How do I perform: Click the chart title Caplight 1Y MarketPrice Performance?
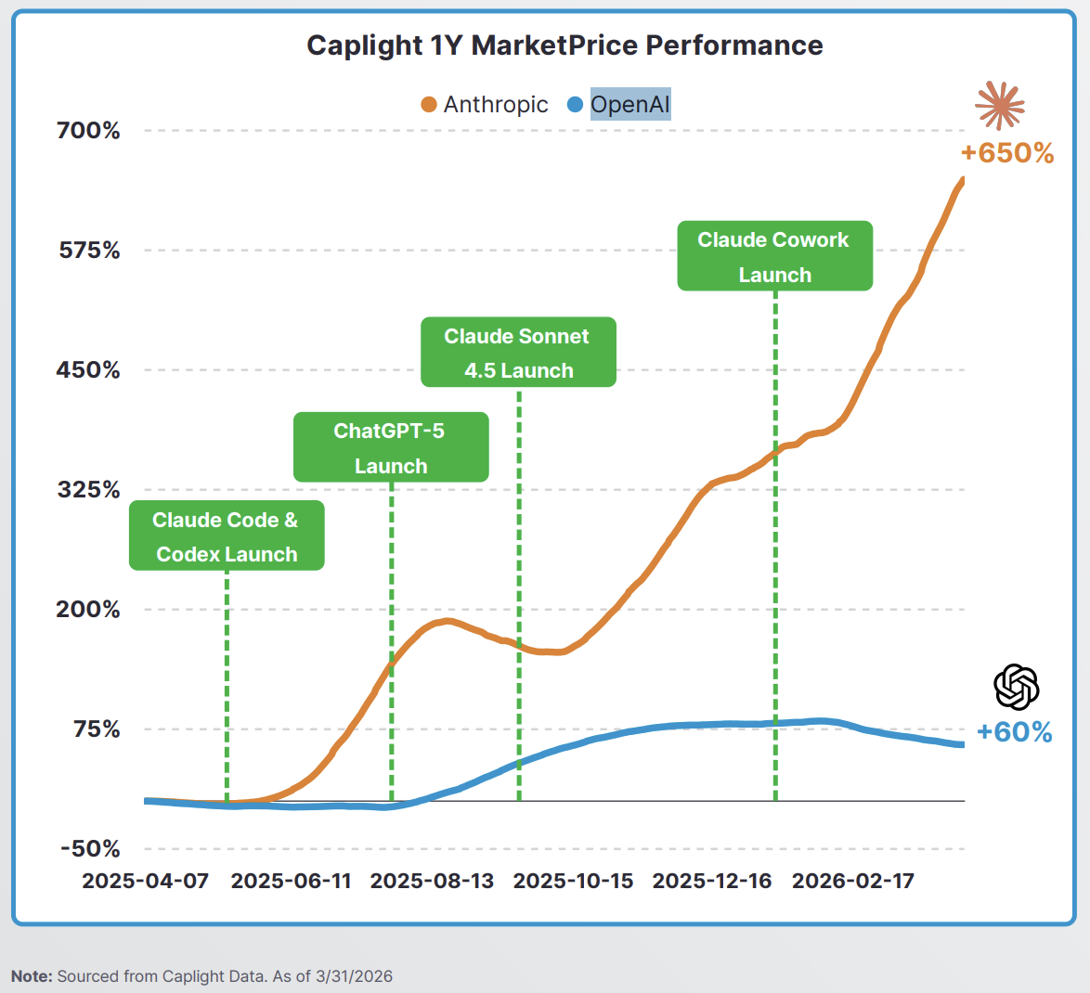(x=564, y=45)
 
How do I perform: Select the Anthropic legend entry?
(x=485, y=105)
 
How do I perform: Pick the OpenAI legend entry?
(x=619, y=105)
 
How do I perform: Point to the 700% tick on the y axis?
(x=88, y=131)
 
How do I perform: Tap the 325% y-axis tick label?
(x=88, y=490)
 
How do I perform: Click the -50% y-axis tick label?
(x=90, y=849)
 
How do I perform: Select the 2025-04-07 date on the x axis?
(x=145, y=881)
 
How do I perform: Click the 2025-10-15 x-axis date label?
(x=573, y=881)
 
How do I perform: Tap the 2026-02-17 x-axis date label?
(x=852, y=881)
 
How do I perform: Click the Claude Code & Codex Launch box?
(x=227, y=536)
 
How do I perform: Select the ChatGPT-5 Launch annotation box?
(x=391, y=447)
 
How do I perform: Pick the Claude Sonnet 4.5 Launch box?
(x=518, y=353)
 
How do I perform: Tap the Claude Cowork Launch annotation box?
(x=774, y=256)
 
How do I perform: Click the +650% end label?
(x=1007, y=154)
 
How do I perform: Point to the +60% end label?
(x=1015, y=732)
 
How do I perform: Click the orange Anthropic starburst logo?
(x=1000, y=106)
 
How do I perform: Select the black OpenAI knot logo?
(x=1016, y=688)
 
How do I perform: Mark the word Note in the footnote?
(x=32, y=976)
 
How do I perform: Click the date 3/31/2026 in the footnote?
(x=354, y=976)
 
